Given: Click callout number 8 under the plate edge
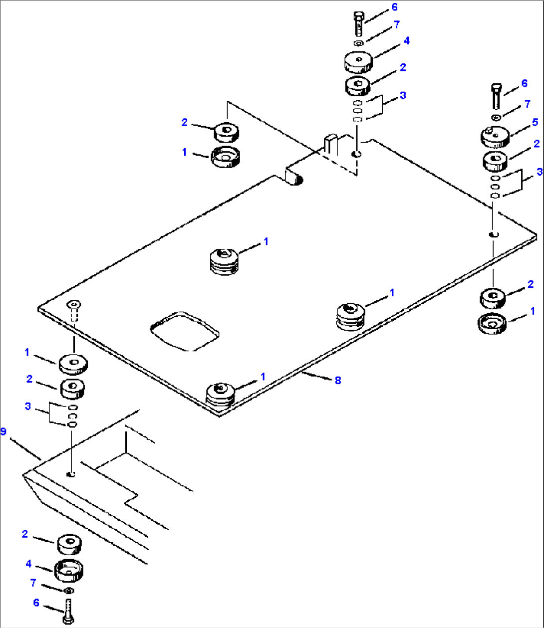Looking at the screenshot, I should (x=338, y=380).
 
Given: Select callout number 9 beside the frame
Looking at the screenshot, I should (x=3, y=431).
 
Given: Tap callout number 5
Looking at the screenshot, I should (x=535, y=122).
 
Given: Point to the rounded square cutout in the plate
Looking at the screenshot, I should (x=185, y=331).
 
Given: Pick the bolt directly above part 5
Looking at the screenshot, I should (x=496, y=97).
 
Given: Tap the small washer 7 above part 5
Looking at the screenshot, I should (x=496, y=118).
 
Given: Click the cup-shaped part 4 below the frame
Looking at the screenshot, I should (x=69, y=570).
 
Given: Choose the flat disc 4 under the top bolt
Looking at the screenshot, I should (x=358, y=62).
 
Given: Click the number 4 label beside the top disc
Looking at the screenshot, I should (x=406, y=41).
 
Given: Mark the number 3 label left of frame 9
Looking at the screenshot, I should (x=28, y=407).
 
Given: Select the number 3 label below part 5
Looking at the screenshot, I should (x=539, y=172).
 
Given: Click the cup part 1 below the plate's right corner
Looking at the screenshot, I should (x=492, y=324).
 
